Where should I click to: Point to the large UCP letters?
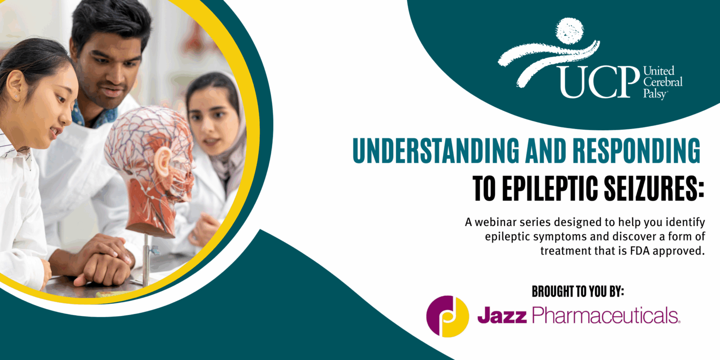pyautogui.click(x=599, y=82)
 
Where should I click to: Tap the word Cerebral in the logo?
pyautogui.click(x=662, y=82)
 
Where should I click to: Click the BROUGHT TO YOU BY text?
pyautogui.click(x=577, y=291)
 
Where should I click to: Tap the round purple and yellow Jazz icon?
pyautogui.click(x=447, y=316)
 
